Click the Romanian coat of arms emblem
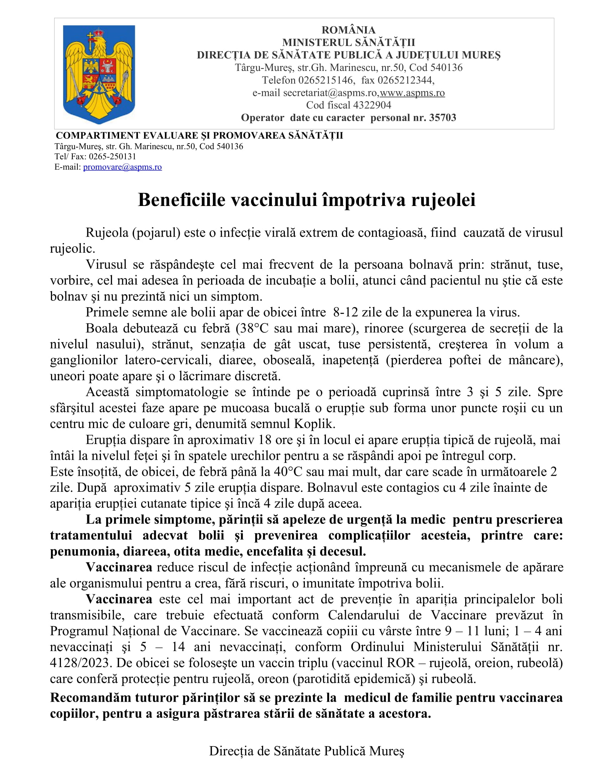(99, 74)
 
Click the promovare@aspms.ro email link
(122, 167)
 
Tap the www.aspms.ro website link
(412, 93)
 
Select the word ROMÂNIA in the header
(348, 30)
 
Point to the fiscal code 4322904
(372, 105)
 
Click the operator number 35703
(442, 118)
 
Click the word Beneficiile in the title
(182, 200)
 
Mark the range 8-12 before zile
(345, 312)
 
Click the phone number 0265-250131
(112, 156)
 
